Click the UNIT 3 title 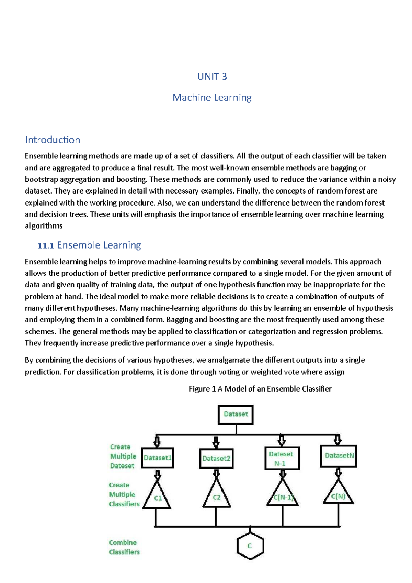point(212,76)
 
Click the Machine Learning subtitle point(212,97)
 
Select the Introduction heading point(53,140)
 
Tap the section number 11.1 point(46,245)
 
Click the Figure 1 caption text point(260,389)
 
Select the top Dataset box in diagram point(236,414)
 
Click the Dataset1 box point(157,458)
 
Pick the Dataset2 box point(216,458)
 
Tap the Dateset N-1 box point(282,458)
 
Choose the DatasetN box point(339,456)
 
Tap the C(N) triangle point(338,495)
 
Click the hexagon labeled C point(250,546)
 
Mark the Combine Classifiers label point(124,547)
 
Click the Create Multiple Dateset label point(123,456)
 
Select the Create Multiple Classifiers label point(124,494)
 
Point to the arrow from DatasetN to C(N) point(339,472)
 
